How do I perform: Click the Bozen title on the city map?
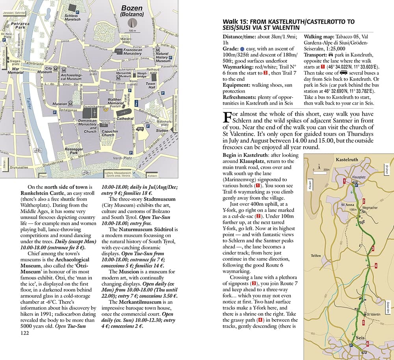132,8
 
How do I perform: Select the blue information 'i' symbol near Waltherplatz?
136,103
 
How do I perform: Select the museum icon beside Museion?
71,104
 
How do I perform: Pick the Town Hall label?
151,86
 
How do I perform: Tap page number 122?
24,333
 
